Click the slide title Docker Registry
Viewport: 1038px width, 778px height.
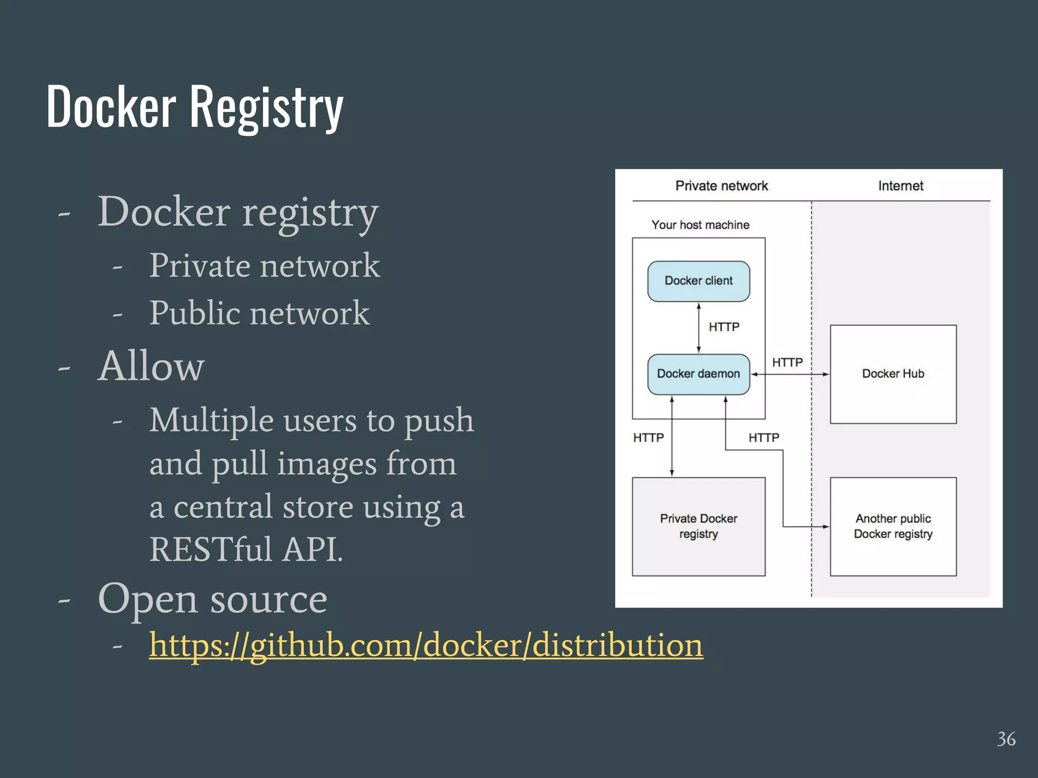(195, 107)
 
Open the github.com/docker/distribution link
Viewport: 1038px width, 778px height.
(426, 646)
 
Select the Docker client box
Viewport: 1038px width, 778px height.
(698, 281)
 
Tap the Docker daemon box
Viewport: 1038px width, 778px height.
(698, 374)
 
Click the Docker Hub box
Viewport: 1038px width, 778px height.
(893, 374)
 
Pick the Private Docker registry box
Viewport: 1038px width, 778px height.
(698, 526)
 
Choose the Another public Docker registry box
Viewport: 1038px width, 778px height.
(893, 526)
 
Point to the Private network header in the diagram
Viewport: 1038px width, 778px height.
(721, 186)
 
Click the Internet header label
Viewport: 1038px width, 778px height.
(901, 186)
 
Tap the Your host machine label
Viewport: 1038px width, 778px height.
(700, 225)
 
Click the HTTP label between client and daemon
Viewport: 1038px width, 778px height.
(724, 327)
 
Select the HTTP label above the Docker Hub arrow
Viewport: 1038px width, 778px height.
(787, 363)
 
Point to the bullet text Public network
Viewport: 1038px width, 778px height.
(259, 313)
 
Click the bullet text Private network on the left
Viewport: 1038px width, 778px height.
(264, 265)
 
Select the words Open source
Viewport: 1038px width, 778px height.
(212, 599)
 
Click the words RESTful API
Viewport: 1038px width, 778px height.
(246, 550)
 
